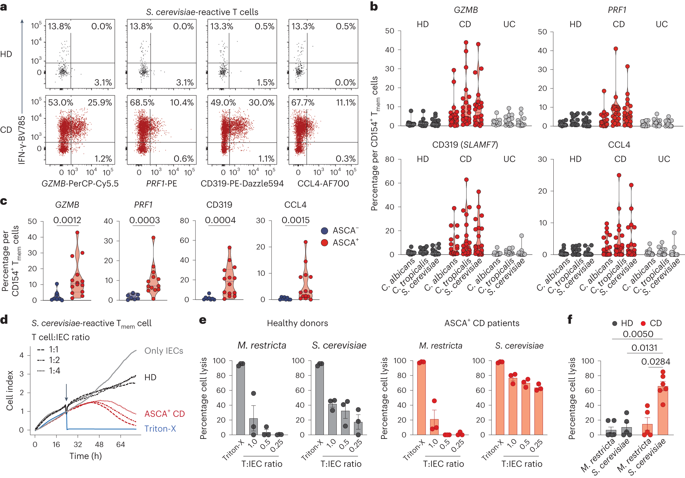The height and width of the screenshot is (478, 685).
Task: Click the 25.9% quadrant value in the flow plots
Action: tap(100, 103)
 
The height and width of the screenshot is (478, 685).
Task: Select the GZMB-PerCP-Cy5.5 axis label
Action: tap(80, 184)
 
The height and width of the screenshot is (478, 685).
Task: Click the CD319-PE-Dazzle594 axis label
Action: tap(242, 184)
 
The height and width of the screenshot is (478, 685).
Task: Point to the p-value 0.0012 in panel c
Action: tap(67, 220)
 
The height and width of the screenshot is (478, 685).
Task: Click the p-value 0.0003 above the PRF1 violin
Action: tap(144, 220)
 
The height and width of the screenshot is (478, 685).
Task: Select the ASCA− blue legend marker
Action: tap(324, 231)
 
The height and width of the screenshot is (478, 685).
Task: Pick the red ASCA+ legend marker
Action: tap(324, 243)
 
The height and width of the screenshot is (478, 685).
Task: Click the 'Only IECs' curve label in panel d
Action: tap(164, 351)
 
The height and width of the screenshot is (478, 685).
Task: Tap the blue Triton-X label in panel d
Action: tap(160, 429)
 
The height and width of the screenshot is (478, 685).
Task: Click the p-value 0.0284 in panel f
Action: tap(655, 362)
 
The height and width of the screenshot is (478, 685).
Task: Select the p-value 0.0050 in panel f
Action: tap(638, 334)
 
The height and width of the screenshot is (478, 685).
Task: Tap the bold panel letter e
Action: tap(203, 320)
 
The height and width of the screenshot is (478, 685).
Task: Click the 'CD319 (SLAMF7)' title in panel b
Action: tap(465, 145)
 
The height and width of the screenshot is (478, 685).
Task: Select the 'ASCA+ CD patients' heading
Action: tap(482, 323)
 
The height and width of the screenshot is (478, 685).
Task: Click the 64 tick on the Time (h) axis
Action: tap(121, 445)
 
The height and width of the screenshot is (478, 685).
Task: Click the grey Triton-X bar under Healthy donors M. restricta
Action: tap(241, 399)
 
